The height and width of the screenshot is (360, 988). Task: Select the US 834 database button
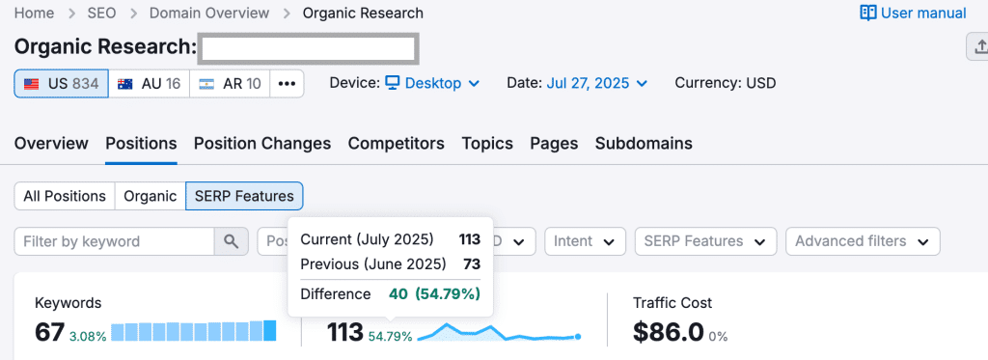61,84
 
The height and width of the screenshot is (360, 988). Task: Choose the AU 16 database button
149,84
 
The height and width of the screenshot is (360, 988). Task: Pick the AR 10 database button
230,84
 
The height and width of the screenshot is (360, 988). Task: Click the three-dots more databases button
287,84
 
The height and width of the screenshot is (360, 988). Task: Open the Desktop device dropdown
432,83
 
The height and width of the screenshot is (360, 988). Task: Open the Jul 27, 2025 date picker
596,83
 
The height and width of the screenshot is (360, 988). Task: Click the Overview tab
51,144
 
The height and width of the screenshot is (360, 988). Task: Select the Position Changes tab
262,144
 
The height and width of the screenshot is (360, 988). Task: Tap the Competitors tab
396,144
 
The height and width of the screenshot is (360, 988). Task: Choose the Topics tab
487,144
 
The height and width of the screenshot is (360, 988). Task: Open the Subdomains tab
644,144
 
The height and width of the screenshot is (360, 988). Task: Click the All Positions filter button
65,196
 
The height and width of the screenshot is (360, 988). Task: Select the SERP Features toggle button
244,196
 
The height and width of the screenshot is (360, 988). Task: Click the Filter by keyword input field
114,241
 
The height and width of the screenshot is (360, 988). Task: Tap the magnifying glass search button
230,241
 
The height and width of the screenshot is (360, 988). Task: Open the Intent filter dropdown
584,241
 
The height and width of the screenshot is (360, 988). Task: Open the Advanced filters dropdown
862,241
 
